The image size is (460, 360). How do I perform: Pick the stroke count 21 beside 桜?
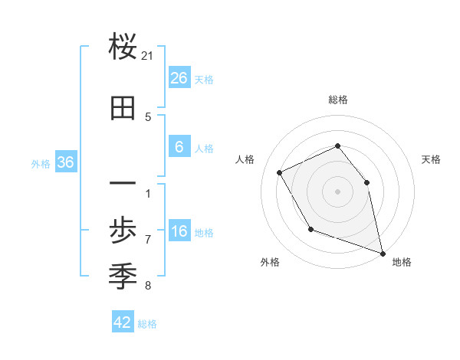148,56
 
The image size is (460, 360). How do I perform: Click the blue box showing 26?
179,77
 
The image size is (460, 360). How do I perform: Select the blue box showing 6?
179,147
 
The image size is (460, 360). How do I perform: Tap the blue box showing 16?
179,232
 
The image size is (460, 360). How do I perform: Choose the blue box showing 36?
65,162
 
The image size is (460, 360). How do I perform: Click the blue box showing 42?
123,322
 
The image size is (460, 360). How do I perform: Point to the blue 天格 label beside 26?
204,79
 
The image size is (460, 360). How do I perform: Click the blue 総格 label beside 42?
147,324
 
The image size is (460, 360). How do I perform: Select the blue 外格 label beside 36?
41,163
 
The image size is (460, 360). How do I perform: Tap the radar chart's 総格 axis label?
338,100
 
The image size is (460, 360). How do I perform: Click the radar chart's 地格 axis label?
402,262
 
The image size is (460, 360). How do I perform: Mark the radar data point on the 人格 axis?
280,173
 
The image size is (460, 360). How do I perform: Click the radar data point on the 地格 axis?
383,252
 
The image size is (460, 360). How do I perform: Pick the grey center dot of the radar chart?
337,191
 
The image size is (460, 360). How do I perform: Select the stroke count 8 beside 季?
148,286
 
